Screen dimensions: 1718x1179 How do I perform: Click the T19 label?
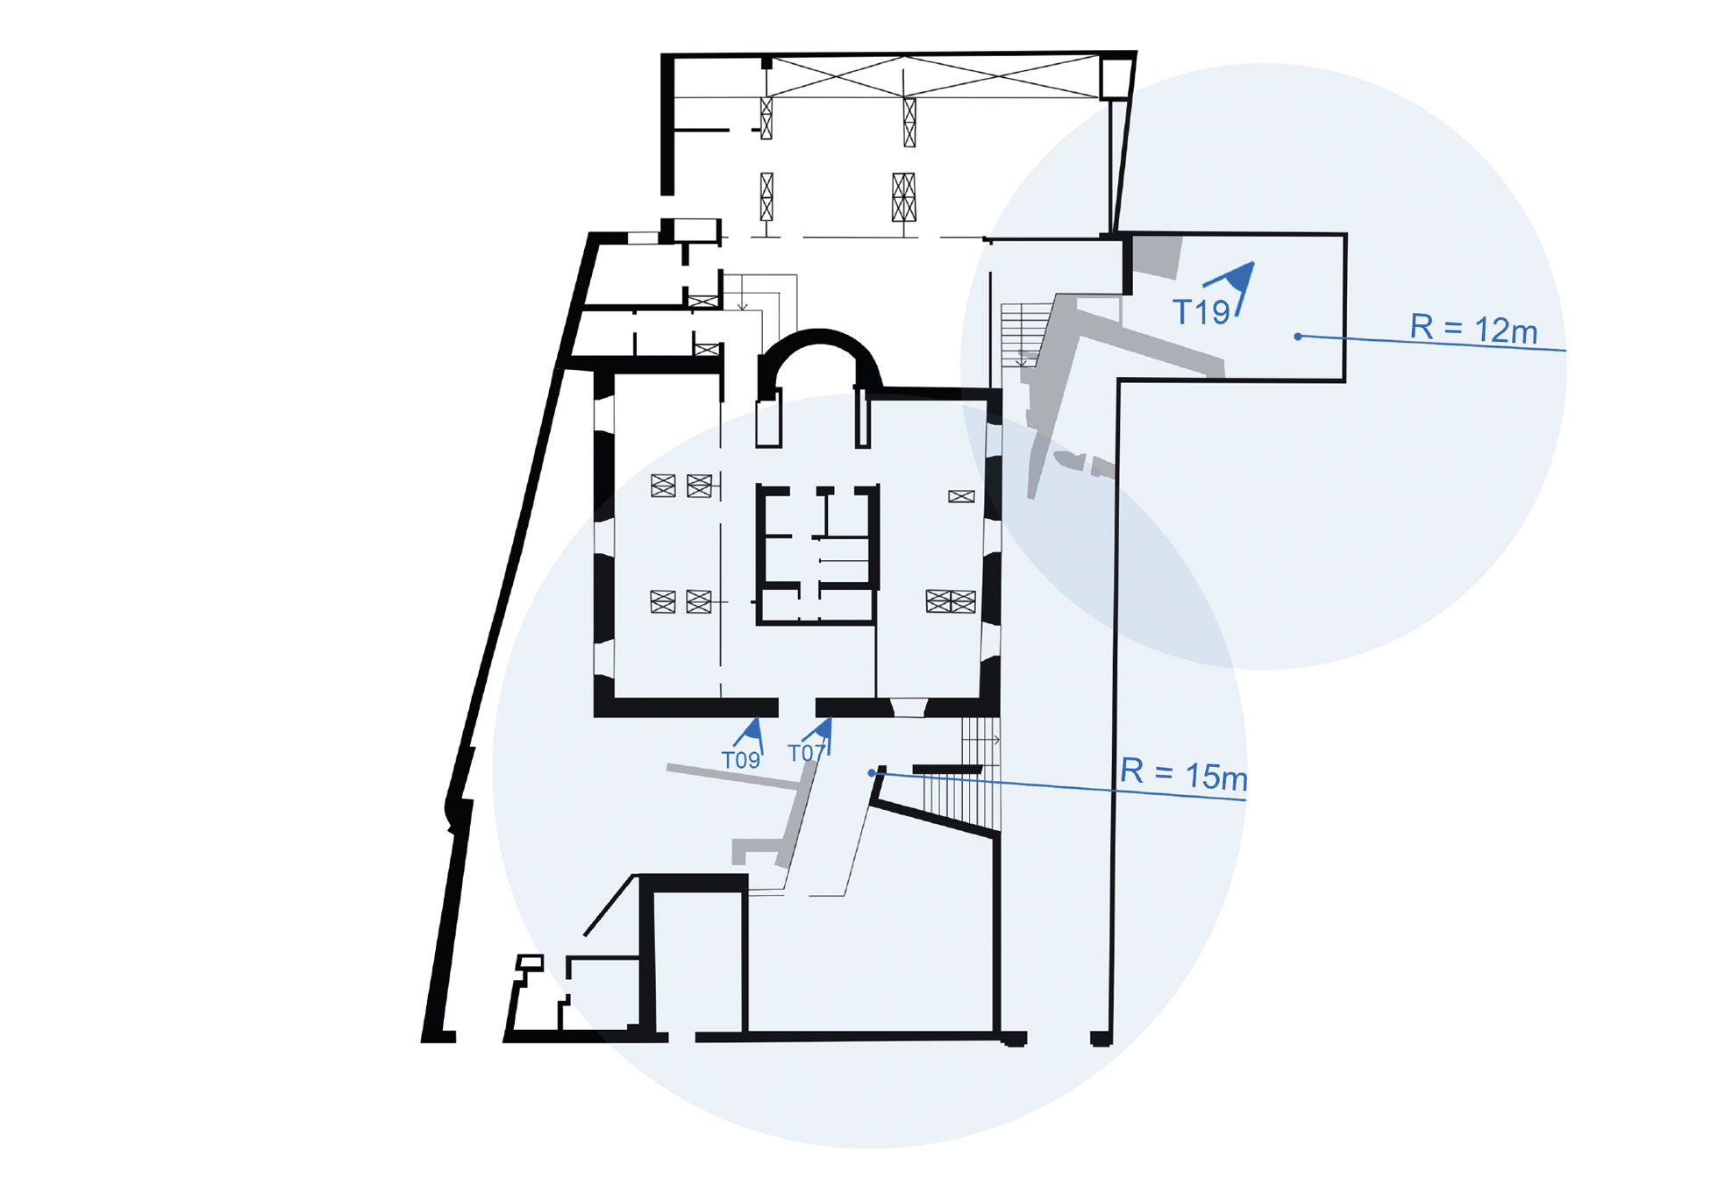(1201, 312)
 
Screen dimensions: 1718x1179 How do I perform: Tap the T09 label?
(740, 761)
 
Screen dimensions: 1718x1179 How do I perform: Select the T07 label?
(806, 754)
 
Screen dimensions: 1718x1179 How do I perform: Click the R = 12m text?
(1473, 329)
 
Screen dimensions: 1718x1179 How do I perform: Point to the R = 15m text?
(1184, 774)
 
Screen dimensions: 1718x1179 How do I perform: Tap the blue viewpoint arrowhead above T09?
(753, 730)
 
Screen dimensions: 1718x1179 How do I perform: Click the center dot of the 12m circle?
(1298, 337)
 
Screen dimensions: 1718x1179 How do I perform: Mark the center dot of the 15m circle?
(871, 773)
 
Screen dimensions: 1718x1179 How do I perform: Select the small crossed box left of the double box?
(961, 497)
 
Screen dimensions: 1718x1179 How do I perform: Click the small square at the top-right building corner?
(1116, 77)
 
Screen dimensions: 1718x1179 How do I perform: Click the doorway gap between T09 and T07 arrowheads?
(796, 707)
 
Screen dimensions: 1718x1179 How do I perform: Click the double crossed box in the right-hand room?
(951, 601)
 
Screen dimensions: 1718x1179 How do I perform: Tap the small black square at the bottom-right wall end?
(1101, 1039)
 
